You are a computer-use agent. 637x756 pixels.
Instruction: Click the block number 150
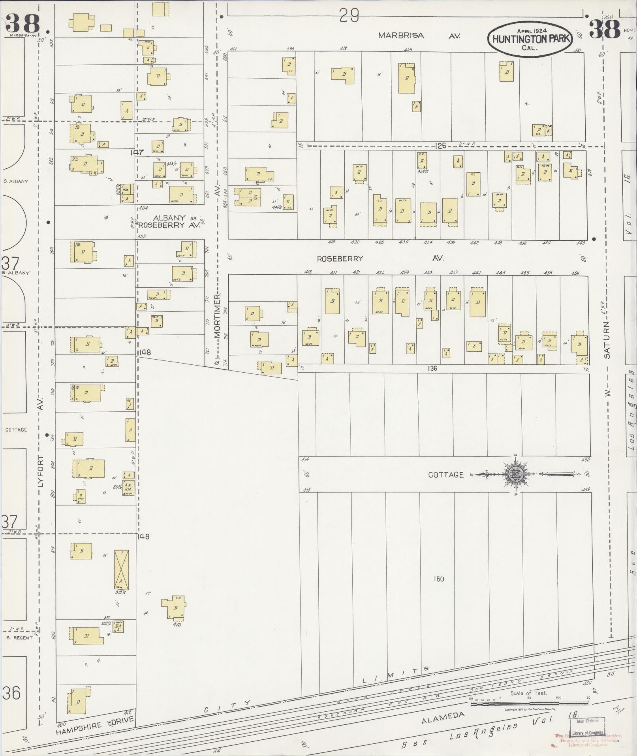pos(438,579)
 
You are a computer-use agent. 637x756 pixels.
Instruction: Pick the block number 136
pos(432,368)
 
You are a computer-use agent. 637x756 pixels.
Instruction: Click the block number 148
pos(145,352)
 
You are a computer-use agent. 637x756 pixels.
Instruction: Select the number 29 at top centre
pos(349,16)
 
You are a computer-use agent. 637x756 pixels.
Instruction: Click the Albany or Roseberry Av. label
pos(170,221)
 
